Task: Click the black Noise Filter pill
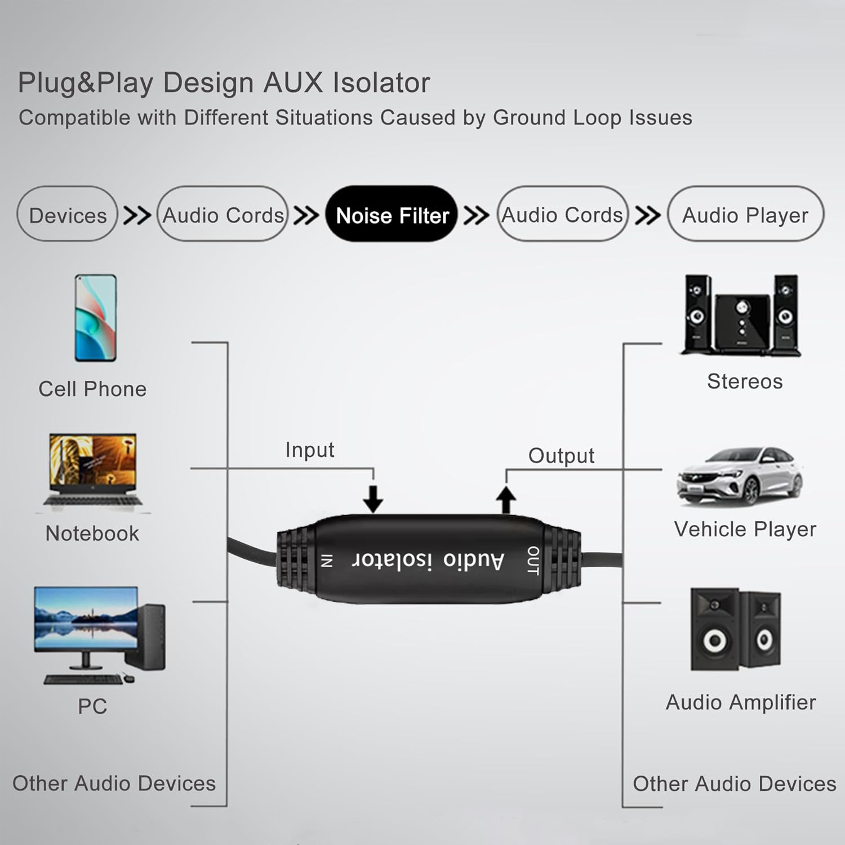392,214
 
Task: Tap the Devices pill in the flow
68,214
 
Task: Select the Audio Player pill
745,214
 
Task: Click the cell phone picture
96,318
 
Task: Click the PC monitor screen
86,619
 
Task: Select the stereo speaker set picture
741,315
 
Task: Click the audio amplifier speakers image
736,629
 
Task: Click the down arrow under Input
373,499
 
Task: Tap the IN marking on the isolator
327,561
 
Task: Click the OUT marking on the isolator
533,560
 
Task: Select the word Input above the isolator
310,450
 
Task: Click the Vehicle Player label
745,529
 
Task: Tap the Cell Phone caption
92,389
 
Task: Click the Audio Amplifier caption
741,702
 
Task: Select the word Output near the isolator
561,456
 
